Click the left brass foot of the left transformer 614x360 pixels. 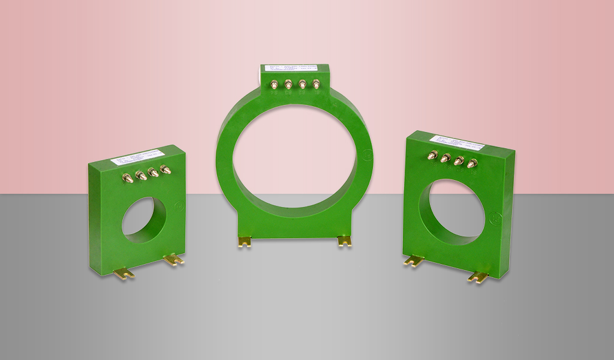124,272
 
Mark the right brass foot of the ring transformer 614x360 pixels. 344,241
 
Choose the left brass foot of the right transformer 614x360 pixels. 414,261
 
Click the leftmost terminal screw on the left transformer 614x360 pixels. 128,178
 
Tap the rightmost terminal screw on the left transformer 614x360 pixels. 165,170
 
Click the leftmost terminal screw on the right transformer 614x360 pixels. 431,157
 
